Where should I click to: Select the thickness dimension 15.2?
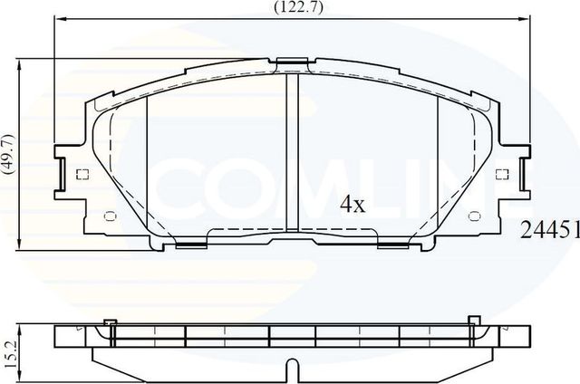[8, 350]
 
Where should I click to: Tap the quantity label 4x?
[352, 205]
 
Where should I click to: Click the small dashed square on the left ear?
[82, 175]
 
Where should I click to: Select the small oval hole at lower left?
[109, 216]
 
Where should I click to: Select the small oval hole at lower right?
[475, 216]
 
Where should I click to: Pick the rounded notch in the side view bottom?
[291, 368]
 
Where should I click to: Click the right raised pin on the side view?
[472, 320]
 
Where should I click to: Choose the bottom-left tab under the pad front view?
[189, 243]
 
